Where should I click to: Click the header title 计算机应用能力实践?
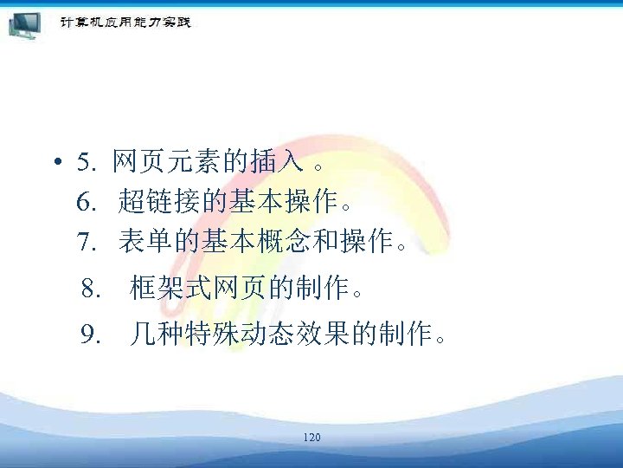125,22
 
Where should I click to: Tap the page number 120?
311,438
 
